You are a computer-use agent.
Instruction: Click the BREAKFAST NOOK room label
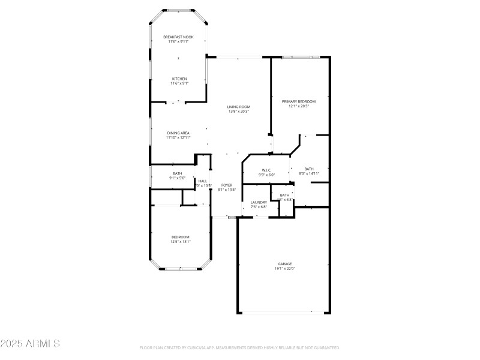(178, 37)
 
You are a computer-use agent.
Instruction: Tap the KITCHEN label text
(179, 79)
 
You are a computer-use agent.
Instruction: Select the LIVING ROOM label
(238, 107)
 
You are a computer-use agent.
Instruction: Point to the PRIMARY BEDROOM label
(299, 101)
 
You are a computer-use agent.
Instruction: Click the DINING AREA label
(178, 133)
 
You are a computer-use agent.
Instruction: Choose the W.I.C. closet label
(265, 170)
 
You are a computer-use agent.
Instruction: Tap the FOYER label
(227, 185)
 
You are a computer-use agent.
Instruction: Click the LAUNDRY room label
(259, 202)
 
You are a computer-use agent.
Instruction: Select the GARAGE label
(284, 264)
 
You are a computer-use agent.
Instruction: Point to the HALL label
(203, 181)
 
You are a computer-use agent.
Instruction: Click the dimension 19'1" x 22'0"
(284, 269)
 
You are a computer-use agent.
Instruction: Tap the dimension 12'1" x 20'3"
(299, 106)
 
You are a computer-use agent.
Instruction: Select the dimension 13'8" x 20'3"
(238, 112)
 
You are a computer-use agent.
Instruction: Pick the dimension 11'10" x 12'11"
(178, 137)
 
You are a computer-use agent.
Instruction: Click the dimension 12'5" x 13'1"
(180, 242)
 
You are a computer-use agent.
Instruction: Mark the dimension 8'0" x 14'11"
(309, 173)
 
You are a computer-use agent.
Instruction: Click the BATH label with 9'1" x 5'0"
(178, 173)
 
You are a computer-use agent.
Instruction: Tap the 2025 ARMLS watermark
(30, 344)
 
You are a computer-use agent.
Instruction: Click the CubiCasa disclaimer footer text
(240, 347)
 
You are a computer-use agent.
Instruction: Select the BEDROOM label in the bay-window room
(180, 237)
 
